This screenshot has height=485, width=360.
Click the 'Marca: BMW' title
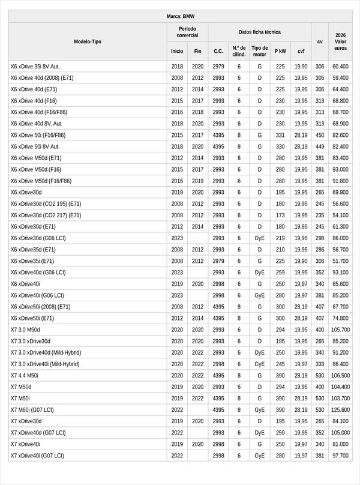click(x=180, y=17)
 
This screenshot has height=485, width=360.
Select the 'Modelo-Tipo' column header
click(x=88, y=41)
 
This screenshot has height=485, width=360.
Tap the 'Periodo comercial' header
click(x=187, y=32)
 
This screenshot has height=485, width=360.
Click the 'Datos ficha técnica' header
click(x=259, y=32)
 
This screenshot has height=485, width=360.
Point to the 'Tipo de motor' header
click(x=259, y=51)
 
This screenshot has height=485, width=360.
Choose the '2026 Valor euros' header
click(x=340, y=41)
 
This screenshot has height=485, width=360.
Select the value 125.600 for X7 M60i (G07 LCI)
click(x=340, y=409)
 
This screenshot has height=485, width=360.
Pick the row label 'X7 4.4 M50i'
click(x=25, y=375)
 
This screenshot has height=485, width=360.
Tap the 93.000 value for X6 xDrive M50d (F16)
click(x=340, y=169)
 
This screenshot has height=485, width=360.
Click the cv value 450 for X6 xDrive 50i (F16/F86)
click(x=320, y=135)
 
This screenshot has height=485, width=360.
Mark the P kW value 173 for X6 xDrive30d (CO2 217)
click(x=280, y=215)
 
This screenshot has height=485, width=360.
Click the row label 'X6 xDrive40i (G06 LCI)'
click(x=38, y=295)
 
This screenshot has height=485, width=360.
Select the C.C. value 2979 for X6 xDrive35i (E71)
click(x=218, y=261)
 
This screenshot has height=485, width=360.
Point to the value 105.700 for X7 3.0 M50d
click(x=340, y=330)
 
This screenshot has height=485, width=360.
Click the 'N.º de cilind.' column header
click(x=239, y=51)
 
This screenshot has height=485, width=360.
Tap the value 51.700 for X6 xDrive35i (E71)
click(x=340, y=261)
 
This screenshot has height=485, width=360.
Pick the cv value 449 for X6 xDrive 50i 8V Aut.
click(x=320, y=146)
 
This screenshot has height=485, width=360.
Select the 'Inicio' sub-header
click(x=177, y=51)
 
